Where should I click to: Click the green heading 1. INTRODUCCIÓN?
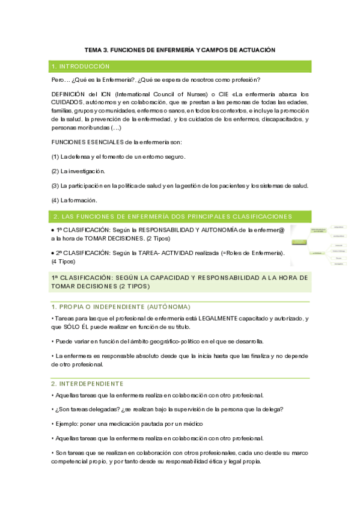[x=81, y=66]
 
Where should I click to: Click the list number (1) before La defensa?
[x=55, y=156]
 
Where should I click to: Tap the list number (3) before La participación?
[x=55, y=186]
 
